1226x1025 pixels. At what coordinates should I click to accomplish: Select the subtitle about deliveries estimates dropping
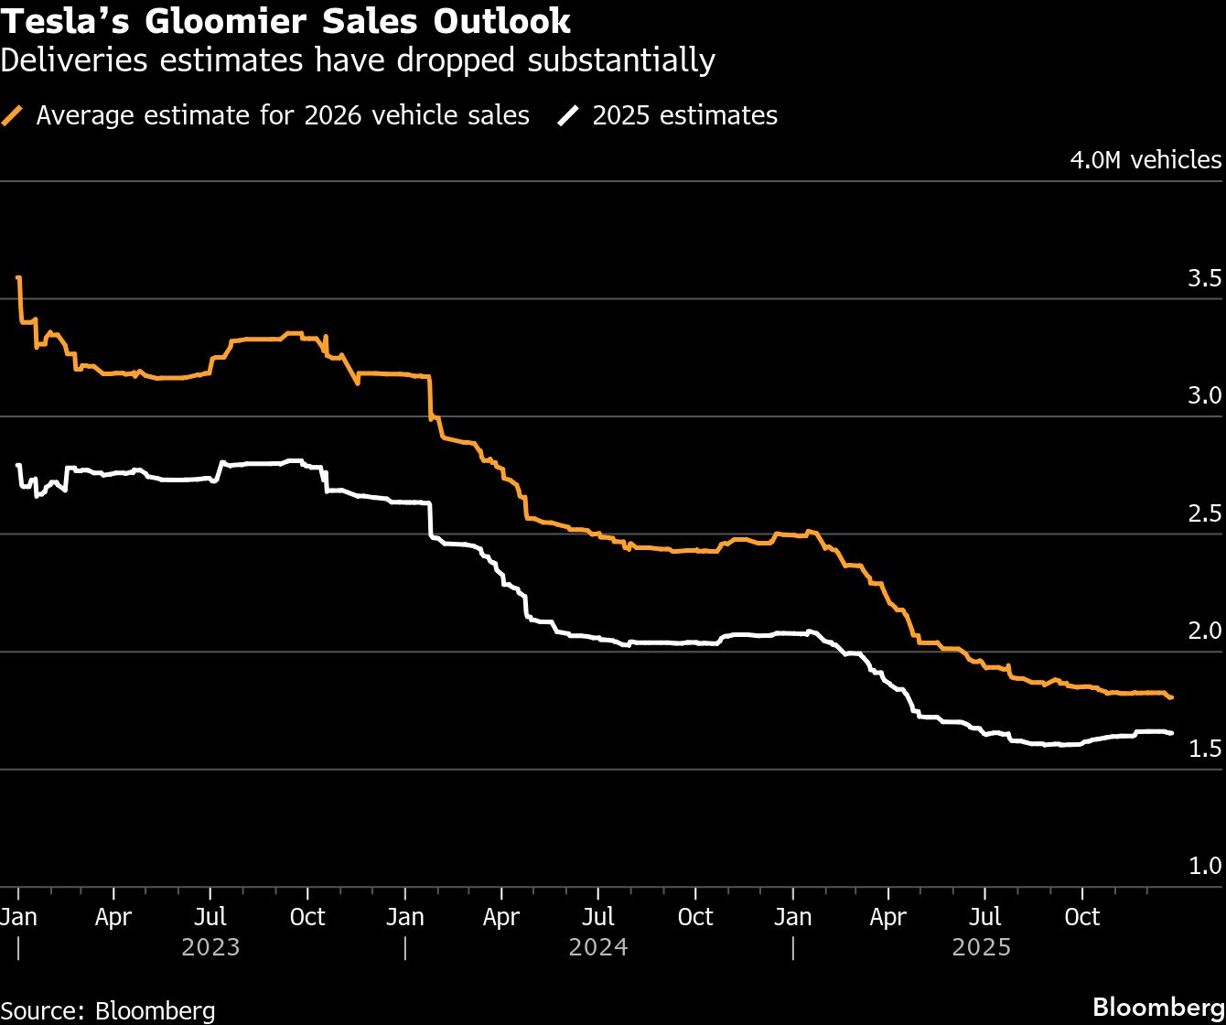(x=358, y=60)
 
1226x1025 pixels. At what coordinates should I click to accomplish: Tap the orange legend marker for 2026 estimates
(x=14, y=116)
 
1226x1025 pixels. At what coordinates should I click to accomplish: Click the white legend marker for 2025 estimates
(x=570, y=116)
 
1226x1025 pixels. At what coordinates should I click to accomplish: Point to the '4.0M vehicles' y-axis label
(x=1145, y=160)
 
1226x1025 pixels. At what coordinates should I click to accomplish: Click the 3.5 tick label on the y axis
(x=1204, y=279)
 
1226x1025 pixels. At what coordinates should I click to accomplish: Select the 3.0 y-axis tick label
(x=1204, y=396)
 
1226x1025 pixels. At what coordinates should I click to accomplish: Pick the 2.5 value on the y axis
(x=1204, y=514)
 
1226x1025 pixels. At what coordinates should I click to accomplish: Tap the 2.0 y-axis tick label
(x=1204, y=631)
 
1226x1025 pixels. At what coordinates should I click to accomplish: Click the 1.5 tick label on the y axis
(x=1204, y=750)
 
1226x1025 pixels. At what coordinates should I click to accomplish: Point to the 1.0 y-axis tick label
(x=1204, y=867)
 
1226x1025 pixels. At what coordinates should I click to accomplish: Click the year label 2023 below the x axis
(x=210, y=946)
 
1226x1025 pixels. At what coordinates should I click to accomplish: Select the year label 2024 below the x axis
(x=598, y=946)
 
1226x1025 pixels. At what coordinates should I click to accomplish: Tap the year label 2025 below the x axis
(x=981, y=946)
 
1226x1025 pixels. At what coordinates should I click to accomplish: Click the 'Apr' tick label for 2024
(x=500, y=917)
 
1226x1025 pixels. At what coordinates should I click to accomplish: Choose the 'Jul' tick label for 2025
(x=984, y=917)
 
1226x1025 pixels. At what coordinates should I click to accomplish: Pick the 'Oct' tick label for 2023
(x=307, y=917)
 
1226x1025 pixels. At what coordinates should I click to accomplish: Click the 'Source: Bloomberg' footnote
(x=108, y=1010)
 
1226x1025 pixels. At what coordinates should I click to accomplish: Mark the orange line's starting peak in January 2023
(x=19, y=277)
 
